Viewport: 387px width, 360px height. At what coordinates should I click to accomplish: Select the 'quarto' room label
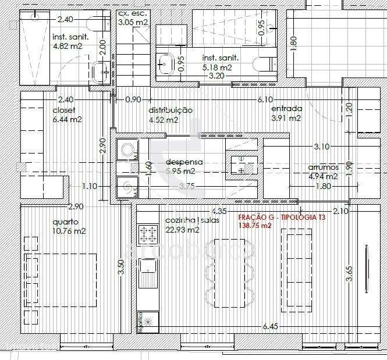[x=65, y=222]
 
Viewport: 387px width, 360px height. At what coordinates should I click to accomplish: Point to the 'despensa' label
[x=184, y=162]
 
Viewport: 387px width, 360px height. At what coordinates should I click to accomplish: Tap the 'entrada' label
[x=286, y=109]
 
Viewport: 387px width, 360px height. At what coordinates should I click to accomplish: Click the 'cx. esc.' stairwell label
[x=133, y=13]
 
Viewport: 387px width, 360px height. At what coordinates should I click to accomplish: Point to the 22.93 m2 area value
[x=183, y=230]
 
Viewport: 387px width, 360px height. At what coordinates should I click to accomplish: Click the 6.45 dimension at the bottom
[x=270, y=326]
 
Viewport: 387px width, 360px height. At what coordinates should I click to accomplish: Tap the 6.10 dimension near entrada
[x=265, y=99]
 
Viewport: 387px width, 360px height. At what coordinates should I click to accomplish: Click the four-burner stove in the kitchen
[x=148, y=235]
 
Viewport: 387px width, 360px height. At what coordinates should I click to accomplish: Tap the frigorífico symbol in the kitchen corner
[x=148, y=320]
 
